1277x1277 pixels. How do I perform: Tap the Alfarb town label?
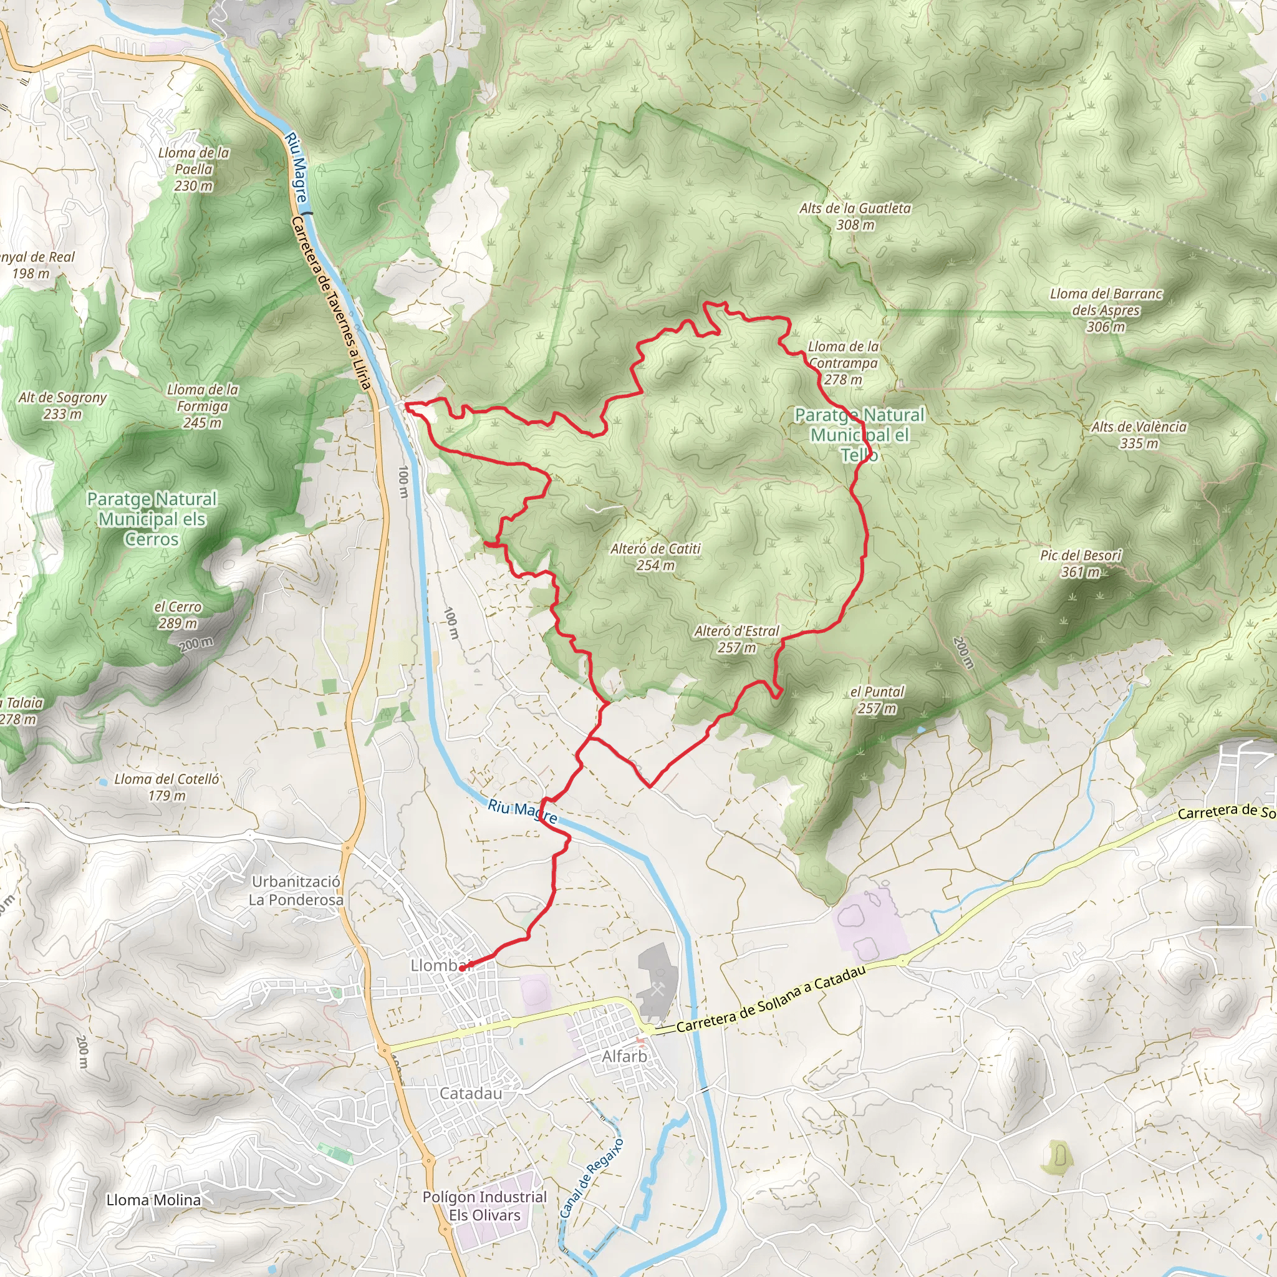624,1056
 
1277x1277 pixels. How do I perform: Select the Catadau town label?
471,1093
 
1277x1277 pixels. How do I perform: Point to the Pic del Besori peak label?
1081,563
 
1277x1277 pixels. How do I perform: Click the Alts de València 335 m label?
1138,435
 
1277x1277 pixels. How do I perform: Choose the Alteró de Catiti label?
655,557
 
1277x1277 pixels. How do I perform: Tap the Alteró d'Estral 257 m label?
736,639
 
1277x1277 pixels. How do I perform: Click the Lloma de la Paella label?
194,169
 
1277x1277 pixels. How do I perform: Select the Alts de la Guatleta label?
855,216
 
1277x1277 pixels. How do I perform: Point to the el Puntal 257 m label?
877,700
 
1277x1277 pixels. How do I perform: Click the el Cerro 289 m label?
178,615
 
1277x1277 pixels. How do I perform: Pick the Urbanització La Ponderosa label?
296,890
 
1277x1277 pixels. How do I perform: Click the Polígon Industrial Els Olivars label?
484,1206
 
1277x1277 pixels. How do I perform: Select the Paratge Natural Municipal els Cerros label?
152,519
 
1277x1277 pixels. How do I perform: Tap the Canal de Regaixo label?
591,1177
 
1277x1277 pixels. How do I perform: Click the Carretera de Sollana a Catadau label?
771,999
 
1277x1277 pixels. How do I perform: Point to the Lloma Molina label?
153,1200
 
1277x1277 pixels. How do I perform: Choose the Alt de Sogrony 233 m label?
62,405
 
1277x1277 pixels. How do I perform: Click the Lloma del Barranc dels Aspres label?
1106,310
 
